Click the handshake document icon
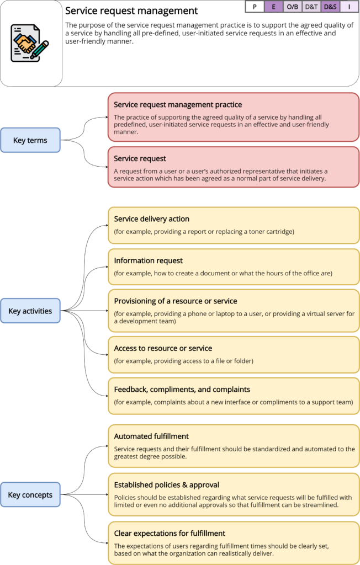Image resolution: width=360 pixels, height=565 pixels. [30, 42]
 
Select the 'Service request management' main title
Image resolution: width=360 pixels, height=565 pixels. [131, 10]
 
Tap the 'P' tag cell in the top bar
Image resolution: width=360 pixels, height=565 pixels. [254, 7]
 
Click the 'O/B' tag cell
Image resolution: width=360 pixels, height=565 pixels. [292, 7]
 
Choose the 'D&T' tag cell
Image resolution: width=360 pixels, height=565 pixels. [311, 7]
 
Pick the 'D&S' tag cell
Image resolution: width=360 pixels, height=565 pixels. [330, 7]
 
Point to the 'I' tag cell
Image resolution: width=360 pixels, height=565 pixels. [349, 7]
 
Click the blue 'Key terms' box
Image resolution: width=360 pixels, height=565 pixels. [30, 140]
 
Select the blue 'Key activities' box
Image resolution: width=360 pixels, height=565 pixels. [30, 311]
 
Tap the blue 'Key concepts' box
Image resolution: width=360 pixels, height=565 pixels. [30, 495]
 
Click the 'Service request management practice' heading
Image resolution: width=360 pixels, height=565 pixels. [178, 104]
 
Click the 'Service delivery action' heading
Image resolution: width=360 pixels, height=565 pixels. [151, 218]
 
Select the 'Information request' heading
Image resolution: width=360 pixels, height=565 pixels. [148, 260]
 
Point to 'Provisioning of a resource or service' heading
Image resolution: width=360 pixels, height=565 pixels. [176, 301]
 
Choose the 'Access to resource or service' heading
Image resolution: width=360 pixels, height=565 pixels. [163, 348]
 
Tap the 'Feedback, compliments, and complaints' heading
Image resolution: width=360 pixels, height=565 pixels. [182, 389]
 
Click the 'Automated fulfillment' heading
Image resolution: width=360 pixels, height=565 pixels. [151, 436]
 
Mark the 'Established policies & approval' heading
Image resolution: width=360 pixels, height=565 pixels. [166, 484]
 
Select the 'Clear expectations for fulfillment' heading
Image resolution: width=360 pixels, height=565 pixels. [170, 533]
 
